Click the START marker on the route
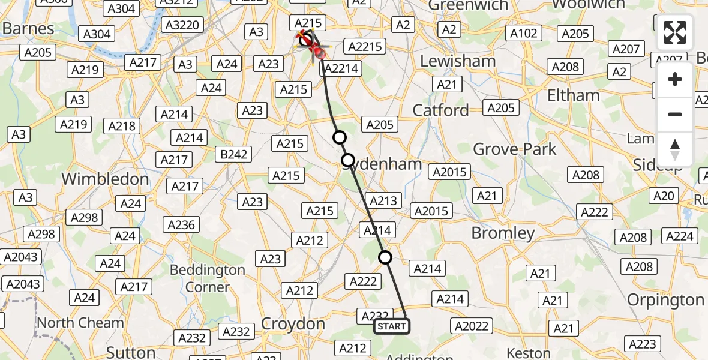[392, 326]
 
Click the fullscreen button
[675, 32]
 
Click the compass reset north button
[675, 149]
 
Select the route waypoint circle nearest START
[385, 257]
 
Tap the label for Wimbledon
[105, 179]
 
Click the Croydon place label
[294, 325]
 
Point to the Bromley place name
[503, 233]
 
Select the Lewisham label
[458, 61]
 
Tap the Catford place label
[441, 110]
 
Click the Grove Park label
[515, 149]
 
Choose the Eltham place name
[574, 95]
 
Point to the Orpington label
[665, 299]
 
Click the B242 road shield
[234, 154]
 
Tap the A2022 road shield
[472, 326]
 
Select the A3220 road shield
[184, 25]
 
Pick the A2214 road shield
[341, 68]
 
